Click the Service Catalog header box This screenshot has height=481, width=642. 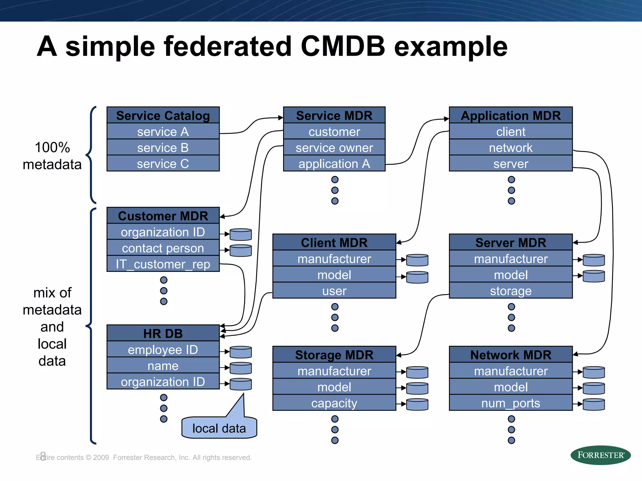coord(163,115)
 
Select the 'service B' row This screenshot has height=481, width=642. coord(163,147)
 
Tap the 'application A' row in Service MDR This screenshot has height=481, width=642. coord(334,164)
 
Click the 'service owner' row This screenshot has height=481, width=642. coord(334,147)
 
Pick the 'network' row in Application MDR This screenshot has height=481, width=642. coord(511,147)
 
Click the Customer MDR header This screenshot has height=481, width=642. coord(163,216)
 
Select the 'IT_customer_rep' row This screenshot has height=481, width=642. coord(163,264)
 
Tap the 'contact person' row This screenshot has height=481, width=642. coord(163,248)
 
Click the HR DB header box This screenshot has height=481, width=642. coord(163,333)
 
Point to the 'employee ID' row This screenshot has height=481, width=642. coord(163,349)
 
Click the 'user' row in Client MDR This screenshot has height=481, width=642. coord(334,291)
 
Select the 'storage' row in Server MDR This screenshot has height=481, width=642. coord(511,291)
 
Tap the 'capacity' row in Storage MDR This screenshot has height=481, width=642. coord(334,403)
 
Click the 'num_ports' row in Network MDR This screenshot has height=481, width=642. coord(511,403)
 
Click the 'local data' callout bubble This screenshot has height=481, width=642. coord(219,428)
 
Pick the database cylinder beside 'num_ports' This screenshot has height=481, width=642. coord(594,404)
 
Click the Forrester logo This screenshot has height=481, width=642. coord(600,455)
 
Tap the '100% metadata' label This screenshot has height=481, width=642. coord(52,156)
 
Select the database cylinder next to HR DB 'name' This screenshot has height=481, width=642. coord(241,368)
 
